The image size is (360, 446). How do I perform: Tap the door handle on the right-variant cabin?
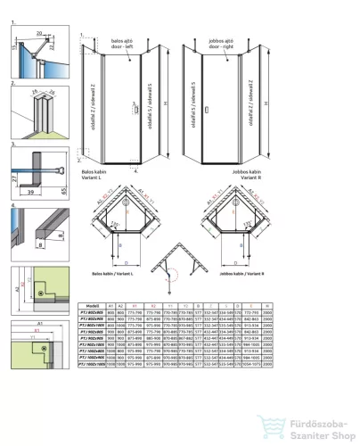click(207, 112)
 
